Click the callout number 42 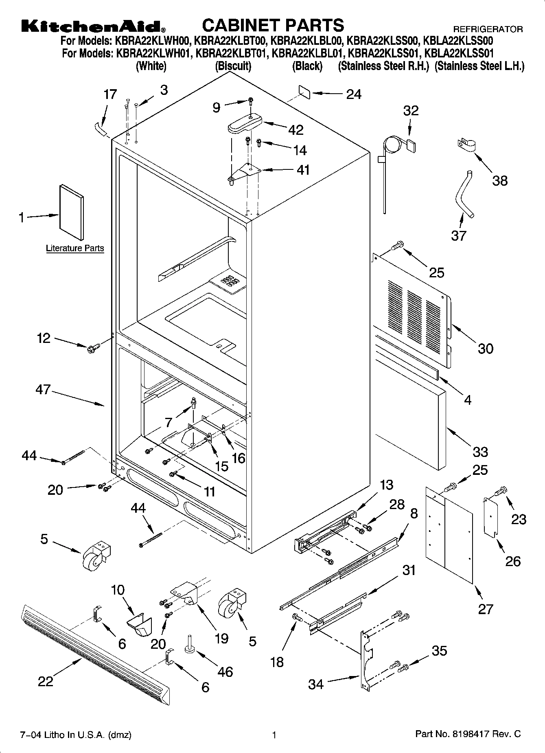[295, 130]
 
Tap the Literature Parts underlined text [75, 248]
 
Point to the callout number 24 [354, 94]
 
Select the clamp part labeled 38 [468, 145]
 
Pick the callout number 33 [480, 452]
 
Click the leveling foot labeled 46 [190, 644]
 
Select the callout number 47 [43, 390]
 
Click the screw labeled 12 [94, 347]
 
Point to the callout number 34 [316, 684]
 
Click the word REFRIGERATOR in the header [488, 29]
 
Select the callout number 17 [110, 94]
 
